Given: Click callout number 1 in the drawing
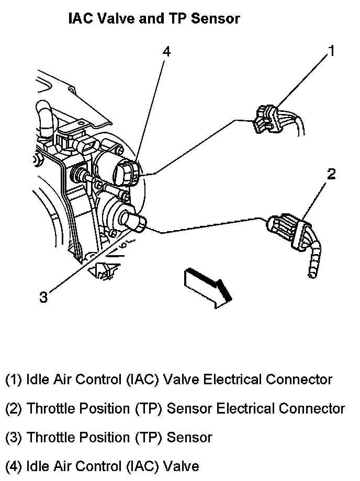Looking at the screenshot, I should (331, 51).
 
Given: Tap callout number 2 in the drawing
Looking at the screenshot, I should (331, 174).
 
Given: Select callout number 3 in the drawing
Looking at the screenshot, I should (44, 297).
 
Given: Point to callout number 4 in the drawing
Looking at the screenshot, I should (166, 51).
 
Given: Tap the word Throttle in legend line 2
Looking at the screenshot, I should (52, 408).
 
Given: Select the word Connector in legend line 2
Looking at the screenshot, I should (313, 408).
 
